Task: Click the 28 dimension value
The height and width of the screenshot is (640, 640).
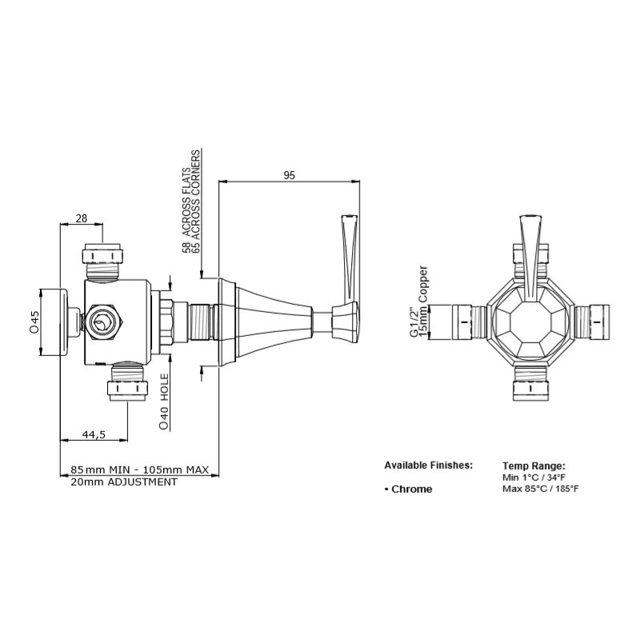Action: coord(81,218)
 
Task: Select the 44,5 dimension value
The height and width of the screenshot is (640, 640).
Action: coord(92,434)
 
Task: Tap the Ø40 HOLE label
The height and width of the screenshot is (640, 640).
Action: coord(164,402)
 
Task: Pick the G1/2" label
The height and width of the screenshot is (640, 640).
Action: coord(414,322)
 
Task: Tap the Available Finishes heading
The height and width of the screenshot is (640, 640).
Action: coord(428,465)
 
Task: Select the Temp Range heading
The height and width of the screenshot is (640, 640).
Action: coord(534,465)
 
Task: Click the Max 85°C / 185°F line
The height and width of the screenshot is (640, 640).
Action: coord(540,488)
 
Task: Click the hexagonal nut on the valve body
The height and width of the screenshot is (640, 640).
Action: coord(102,321)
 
